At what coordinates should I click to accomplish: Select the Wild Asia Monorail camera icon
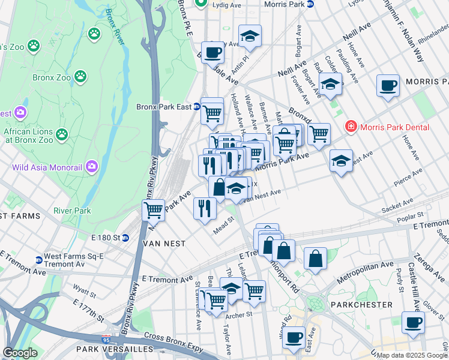pyautogui.click(x=92, y=166)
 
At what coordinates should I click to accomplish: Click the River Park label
pyautogui.click(x=72, y=211)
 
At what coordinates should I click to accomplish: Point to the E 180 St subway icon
pyautogui.click(x=125, y=237)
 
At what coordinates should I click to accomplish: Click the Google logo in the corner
pyautogui.click(x=20, y=352)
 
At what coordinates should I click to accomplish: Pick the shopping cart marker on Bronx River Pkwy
pyautogui.click(x=154, y=210)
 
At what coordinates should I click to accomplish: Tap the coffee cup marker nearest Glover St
pyautogui.click(x=412, y=322)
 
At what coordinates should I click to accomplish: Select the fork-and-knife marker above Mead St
pyautogui.click(x=205, y=208)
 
